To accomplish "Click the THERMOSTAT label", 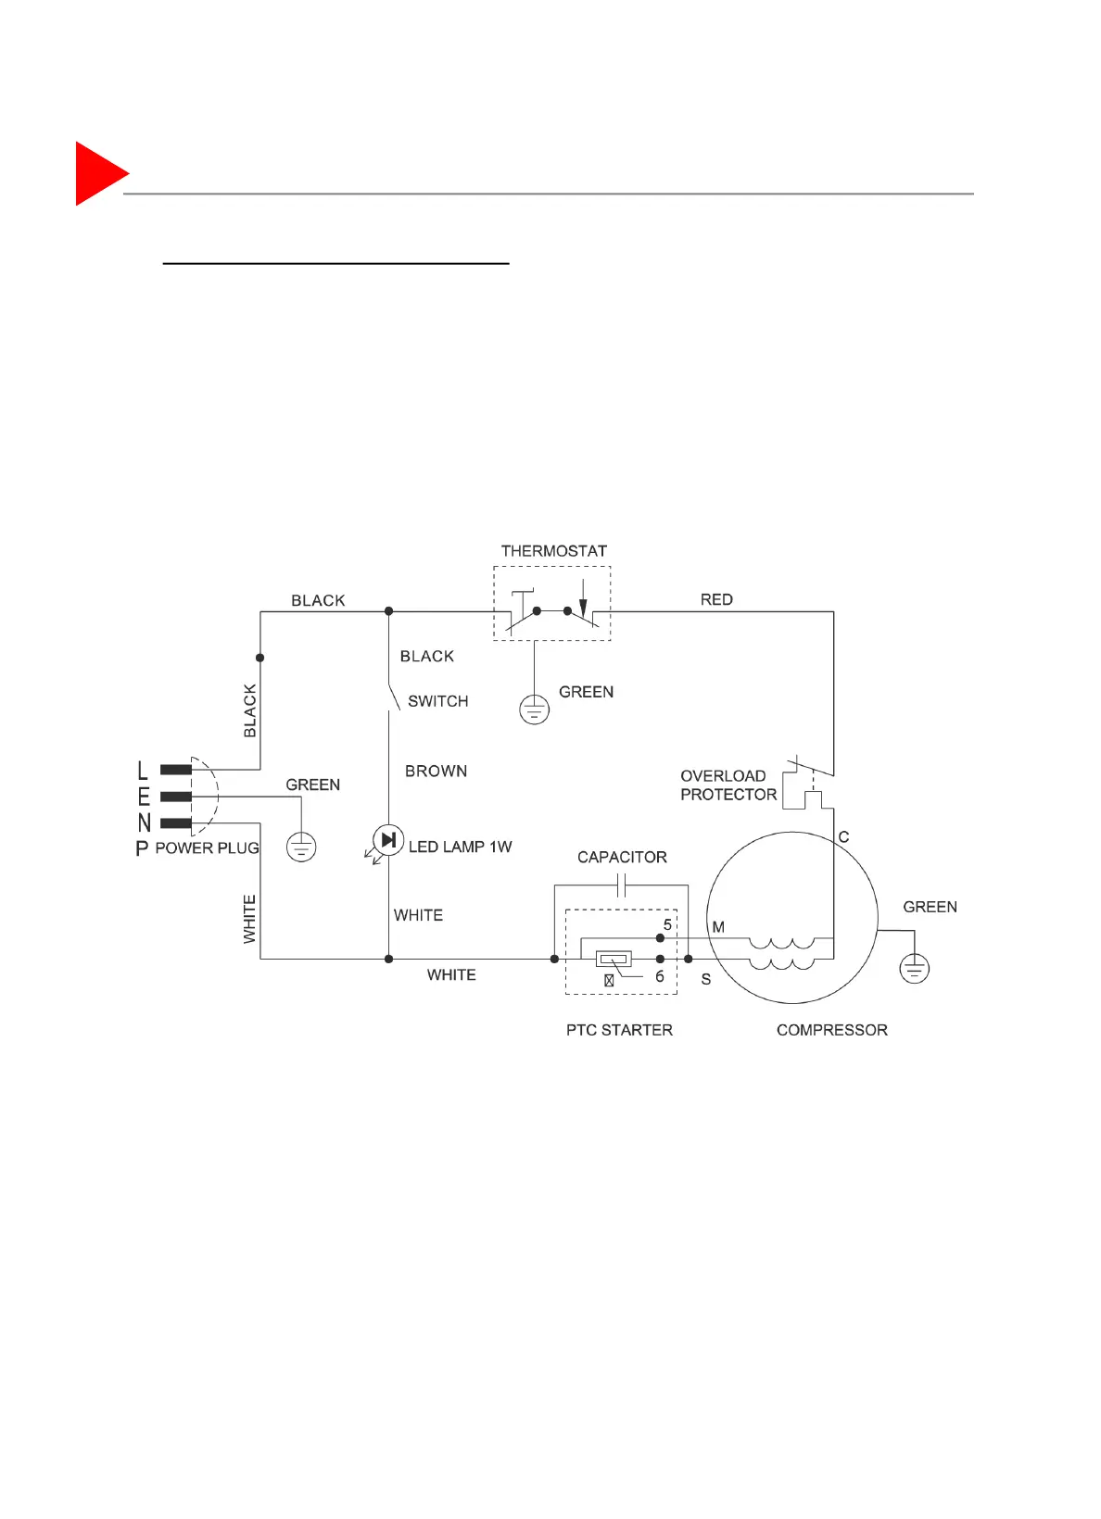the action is coord(553,551).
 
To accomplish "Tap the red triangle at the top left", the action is coord(98,173).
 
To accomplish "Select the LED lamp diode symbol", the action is coord(388,840).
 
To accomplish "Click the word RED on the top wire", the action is coord(716,600).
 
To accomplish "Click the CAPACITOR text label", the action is coord(622,858).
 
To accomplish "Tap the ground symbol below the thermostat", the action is coord(534,710).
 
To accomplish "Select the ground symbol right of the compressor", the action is coord(915,969).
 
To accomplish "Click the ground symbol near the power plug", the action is coord(301,847).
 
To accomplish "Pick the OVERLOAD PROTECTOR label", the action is coord(728,785).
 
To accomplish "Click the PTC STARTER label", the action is coord(619,1030).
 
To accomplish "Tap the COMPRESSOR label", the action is coord(831,1030).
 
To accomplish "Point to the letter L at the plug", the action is coord(143,770).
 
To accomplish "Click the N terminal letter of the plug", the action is coord(144,822).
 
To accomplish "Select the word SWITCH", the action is coord(437,701).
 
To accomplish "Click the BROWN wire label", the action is coord(436,771).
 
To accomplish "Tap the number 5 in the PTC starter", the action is coord(667,925).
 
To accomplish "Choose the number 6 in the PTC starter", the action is coord(660,976).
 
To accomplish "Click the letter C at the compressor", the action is coord(843,837).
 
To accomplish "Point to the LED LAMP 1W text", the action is coord(460,847).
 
